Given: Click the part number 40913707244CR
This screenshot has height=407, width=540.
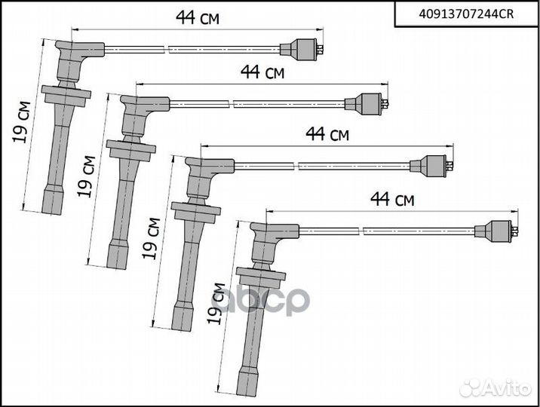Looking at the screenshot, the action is (x=466, y=14).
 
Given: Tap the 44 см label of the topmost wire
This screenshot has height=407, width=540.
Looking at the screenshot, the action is (x=198, y=18).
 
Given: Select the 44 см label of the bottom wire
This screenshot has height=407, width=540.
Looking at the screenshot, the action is (x=392, y=200).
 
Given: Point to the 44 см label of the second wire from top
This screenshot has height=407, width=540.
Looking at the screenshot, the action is (x=262, y=72).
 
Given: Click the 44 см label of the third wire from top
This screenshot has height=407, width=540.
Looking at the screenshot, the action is (x=327, y=134).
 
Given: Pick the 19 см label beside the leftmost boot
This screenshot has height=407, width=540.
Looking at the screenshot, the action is (x=21, y=122).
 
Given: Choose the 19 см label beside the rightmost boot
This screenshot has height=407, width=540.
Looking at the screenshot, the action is (x=216, y=304).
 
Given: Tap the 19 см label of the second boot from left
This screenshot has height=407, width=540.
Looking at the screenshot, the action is (x=86, y=176).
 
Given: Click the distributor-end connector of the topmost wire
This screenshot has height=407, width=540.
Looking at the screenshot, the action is (x=302, y=50).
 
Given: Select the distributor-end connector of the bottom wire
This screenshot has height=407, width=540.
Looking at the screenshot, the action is (x=496, y=231).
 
